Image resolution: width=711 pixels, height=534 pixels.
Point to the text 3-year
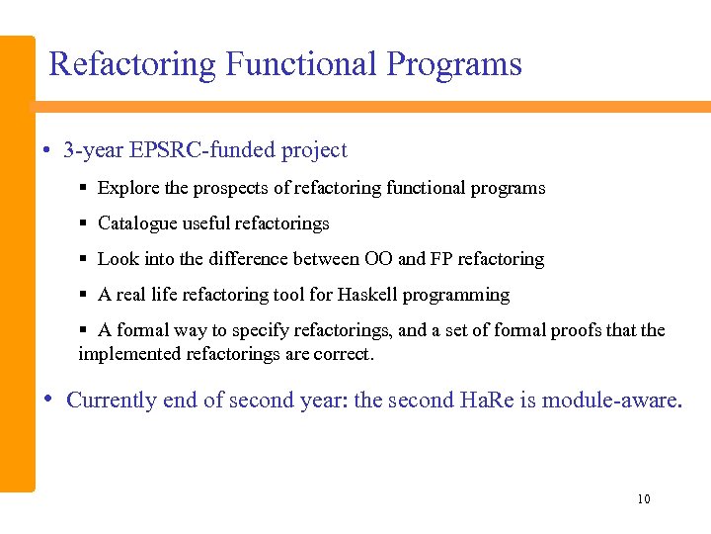[91, 150]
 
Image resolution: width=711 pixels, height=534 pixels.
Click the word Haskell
[371, 295]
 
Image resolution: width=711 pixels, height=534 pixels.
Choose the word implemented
[130, 353]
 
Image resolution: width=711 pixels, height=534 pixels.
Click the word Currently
[112, 400]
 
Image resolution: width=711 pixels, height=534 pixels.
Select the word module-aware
[612, 400]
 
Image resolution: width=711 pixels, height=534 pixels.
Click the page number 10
[644, 499]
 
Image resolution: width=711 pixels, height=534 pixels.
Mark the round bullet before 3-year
[46, 151]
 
